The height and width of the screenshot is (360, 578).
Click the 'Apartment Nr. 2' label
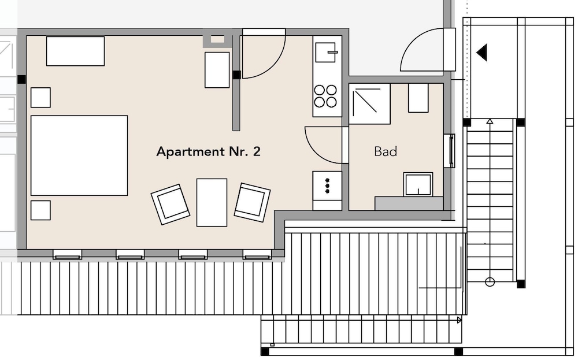[208, 151]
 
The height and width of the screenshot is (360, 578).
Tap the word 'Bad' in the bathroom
[386, 151]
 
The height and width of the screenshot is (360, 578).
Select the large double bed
[79, 155]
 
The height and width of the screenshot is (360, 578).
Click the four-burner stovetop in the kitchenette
[325, 96]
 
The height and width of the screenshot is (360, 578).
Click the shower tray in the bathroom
[369, 104]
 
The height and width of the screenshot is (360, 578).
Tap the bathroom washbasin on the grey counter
[418, 184]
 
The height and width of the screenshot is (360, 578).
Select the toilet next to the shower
[418, 98]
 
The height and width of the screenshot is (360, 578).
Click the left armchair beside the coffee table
[171, 204]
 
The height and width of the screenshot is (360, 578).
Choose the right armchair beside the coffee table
[252, 202]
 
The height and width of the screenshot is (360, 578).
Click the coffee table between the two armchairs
[212, 202]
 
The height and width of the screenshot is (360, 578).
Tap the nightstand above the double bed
[40, 98]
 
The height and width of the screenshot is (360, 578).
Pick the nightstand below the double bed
[40, 210]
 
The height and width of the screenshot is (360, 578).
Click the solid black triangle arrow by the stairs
[482, 53]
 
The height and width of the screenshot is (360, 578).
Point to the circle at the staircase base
[490, 282]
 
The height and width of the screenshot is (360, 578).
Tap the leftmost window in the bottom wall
[67, 254]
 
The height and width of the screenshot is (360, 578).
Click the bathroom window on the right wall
[451, 151]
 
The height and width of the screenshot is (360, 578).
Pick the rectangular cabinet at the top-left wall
[75, 51]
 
